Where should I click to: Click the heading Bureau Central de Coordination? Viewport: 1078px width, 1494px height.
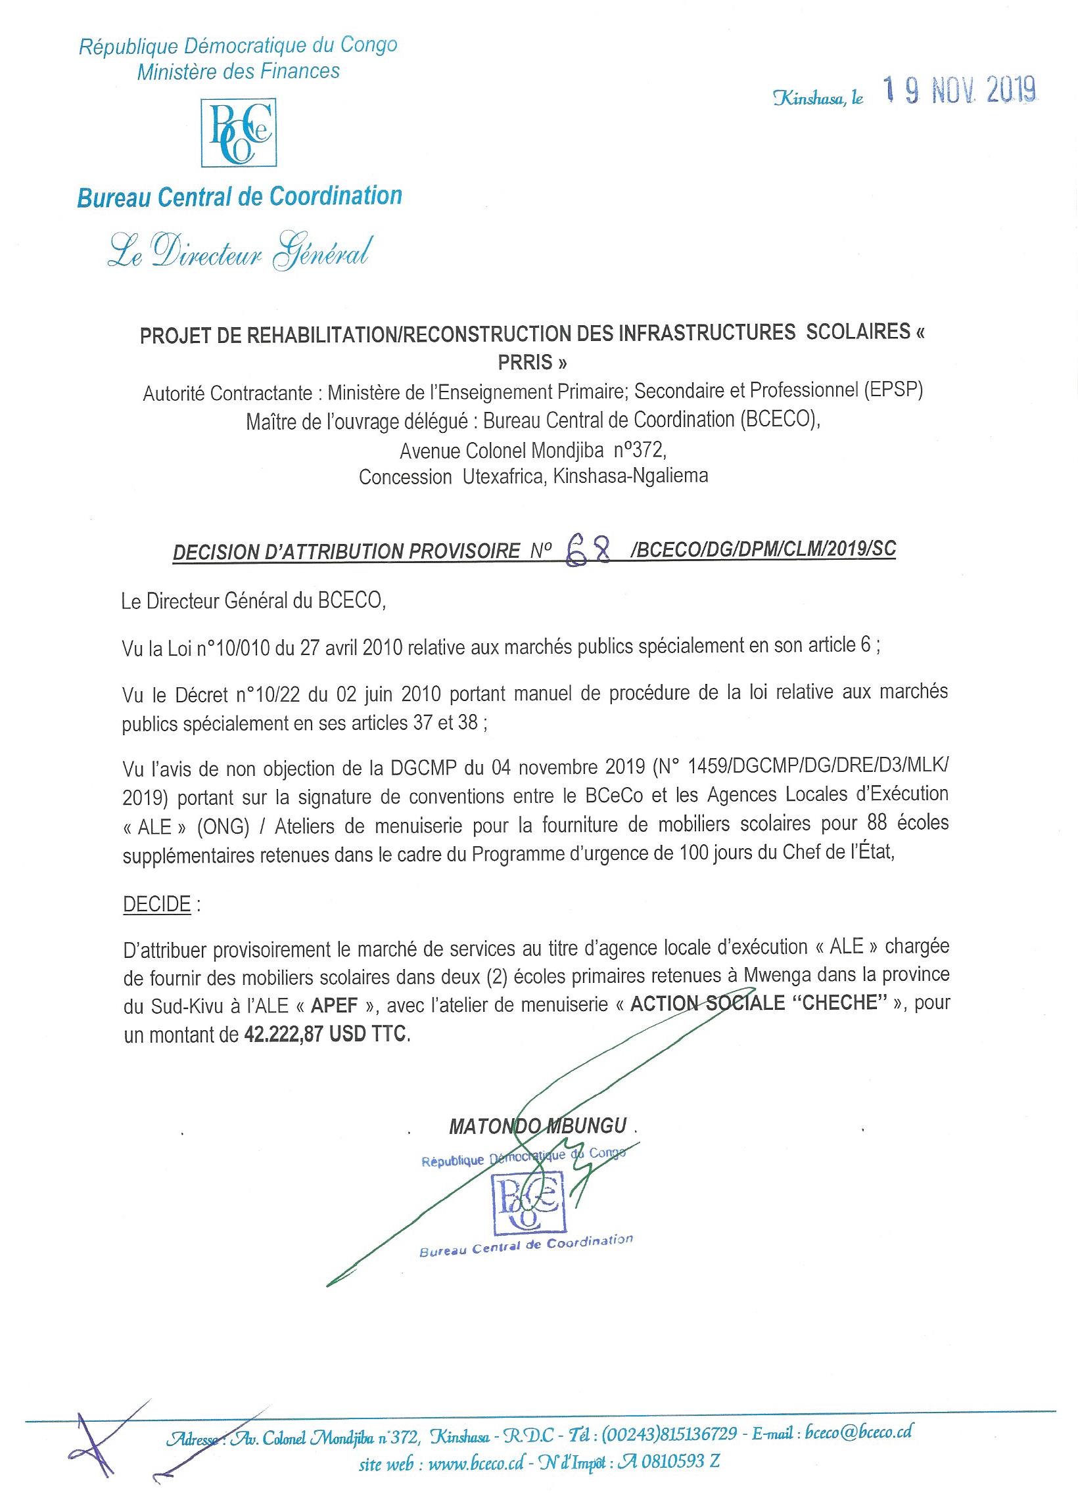pos(240,196)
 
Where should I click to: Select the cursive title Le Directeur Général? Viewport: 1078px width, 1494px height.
pos(237,251)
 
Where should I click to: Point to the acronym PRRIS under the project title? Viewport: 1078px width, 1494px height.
pos(532,362)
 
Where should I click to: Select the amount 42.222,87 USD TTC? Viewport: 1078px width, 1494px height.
pos(326,1035)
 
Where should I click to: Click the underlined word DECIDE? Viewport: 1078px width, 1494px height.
pos(157,905)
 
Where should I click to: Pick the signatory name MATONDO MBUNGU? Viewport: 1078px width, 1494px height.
pos(538,1126)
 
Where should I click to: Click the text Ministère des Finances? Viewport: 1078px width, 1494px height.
pos(239,71)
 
